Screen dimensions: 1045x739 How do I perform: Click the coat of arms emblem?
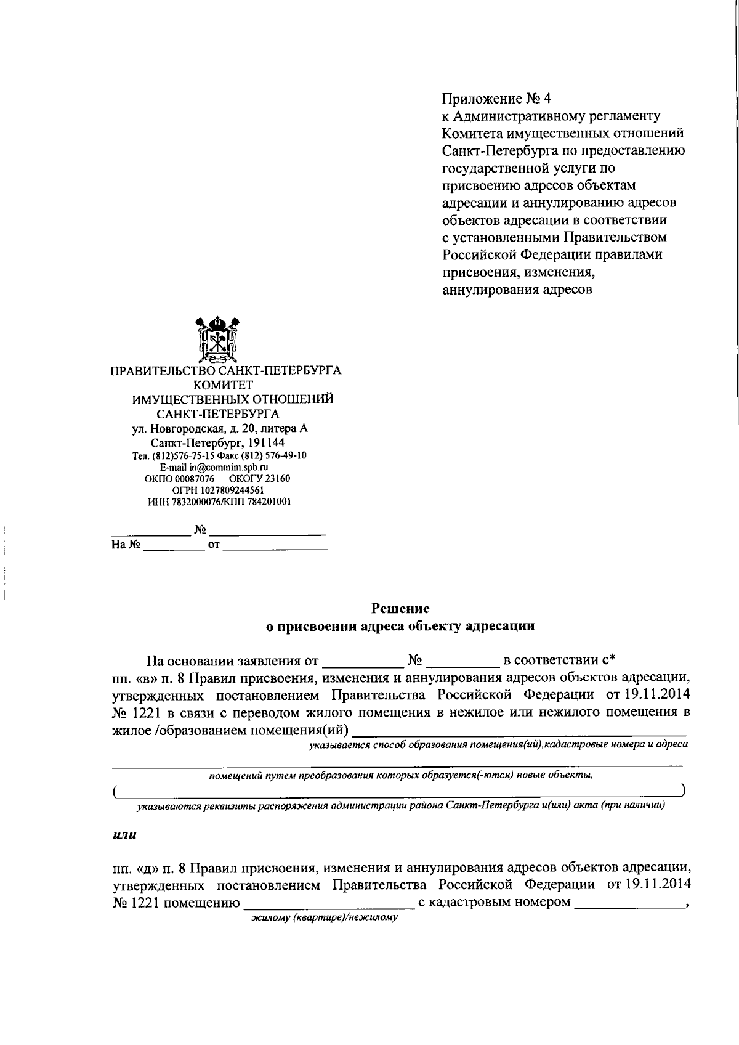point(217,340)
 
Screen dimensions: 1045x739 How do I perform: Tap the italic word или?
point(125,836)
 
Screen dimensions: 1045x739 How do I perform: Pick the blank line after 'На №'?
point(174,546)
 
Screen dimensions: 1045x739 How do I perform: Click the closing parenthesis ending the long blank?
point(684,790)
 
